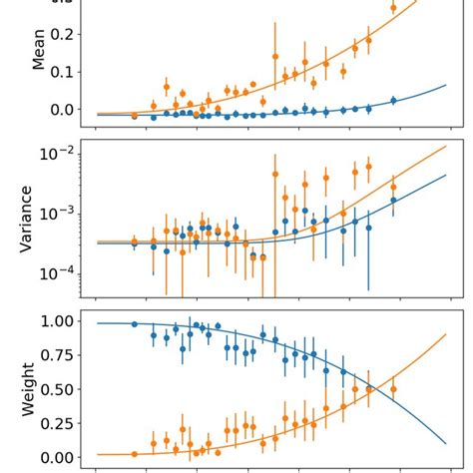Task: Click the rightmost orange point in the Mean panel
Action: pyautogui.click(x=393, y=7)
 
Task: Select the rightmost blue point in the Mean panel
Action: pyautogui.click(x=393, y=100)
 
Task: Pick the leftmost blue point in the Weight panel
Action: pyautogui.click(x=134, y=324)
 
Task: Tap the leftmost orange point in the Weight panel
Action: pyautogui.click(x=134, y=454)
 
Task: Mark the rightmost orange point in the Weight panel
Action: pyautogui.click(x=393, y=388)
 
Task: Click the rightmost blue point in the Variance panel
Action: pyautogui.click(x=393, y=200)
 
